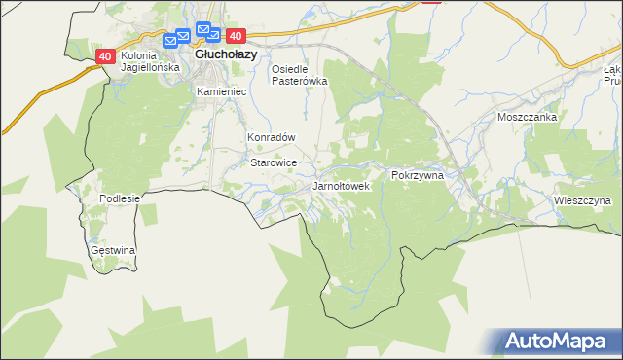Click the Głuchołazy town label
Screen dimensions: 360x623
point(226,55)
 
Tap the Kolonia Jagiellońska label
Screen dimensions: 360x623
point(150,62)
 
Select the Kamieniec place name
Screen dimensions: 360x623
point(222,91)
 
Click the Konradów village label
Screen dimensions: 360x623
point(271,138)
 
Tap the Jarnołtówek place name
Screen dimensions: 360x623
point(341,185)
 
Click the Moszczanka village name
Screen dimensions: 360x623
point(526,117)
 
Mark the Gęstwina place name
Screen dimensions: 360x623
point(113,250)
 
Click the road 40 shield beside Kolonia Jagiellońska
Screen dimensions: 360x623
point(106,56)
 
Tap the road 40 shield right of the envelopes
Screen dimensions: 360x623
point(234,36)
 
